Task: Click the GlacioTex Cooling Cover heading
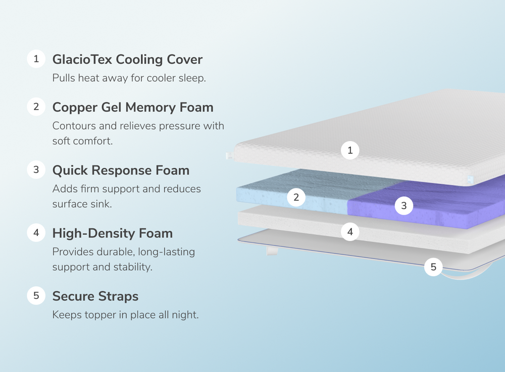point(127,59)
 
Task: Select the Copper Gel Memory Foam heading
point(133,107)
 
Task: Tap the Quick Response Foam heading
point(121,170)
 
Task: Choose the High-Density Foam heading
point(112,233)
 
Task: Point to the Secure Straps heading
point(95,296)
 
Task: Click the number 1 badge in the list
point(36,59)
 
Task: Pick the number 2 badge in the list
point(36,107)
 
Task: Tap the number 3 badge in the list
point(36,170)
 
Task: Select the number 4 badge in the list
point(36,233)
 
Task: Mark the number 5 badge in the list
point(36,295)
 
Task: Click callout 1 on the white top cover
point(350,150)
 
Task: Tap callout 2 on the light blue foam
point(296,198)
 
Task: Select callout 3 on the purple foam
point(403,206)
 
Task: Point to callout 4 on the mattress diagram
point(350,232)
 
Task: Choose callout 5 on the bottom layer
point(433,267)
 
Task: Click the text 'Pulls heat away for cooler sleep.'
point(129,79)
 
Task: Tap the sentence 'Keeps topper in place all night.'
point(125,315)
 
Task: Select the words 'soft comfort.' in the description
point(82,141)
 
